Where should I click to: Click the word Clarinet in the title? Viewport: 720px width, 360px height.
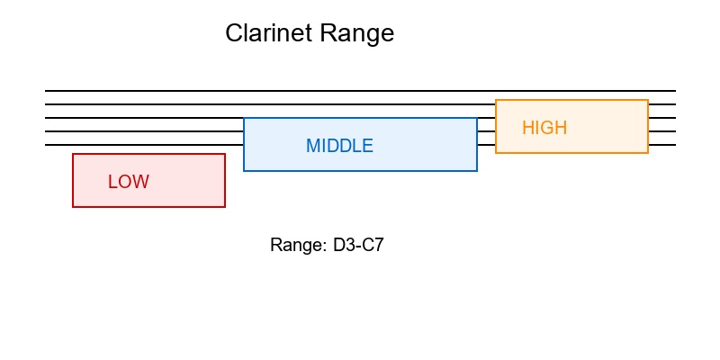267,33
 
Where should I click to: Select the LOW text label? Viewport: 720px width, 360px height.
128,182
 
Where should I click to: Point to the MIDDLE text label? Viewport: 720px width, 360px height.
339,146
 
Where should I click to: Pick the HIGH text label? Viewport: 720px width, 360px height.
544,128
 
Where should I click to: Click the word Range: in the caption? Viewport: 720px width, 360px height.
293,245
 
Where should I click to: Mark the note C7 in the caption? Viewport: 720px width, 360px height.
372,245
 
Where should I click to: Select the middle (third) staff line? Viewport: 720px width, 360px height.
144,118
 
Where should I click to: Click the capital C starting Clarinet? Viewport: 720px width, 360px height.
234,33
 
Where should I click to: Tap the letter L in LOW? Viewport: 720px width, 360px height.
112,182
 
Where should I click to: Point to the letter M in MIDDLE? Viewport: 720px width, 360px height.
313,146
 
